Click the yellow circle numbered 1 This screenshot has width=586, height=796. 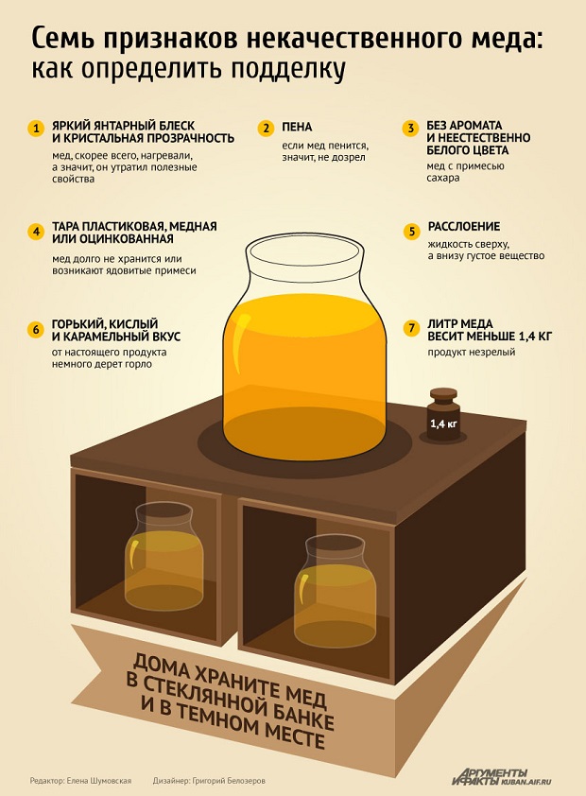36,129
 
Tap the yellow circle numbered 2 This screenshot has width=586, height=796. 266,129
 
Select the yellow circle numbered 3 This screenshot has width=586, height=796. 411,129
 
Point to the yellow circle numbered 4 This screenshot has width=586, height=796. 36,232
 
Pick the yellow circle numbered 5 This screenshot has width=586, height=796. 411,232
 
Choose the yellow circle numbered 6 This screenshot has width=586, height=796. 36,330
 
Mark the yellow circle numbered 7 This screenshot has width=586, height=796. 411,328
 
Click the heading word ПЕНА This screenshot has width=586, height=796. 297,127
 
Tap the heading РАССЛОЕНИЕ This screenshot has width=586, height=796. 464,226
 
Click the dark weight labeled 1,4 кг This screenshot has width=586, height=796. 444,415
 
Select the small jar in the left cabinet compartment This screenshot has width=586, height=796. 164,557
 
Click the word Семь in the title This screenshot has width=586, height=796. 64,39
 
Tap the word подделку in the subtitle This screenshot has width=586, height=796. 288,69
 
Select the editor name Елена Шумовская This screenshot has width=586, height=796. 99,781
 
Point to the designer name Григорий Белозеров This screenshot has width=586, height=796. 229,781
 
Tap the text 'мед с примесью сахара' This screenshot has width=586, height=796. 465,172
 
